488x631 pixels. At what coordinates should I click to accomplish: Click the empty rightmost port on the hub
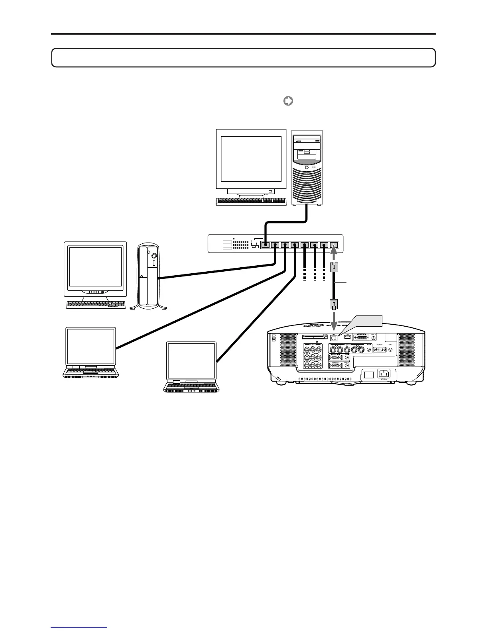pos(335,246)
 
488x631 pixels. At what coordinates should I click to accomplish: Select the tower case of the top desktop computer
pos(307,167)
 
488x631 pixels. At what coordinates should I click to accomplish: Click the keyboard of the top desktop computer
pos(251,202)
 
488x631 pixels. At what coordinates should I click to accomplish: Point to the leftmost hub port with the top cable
pos(265,246)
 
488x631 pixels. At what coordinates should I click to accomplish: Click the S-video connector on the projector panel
pos(306,358)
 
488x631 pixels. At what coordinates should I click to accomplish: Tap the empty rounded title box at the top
pos(243,58)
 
